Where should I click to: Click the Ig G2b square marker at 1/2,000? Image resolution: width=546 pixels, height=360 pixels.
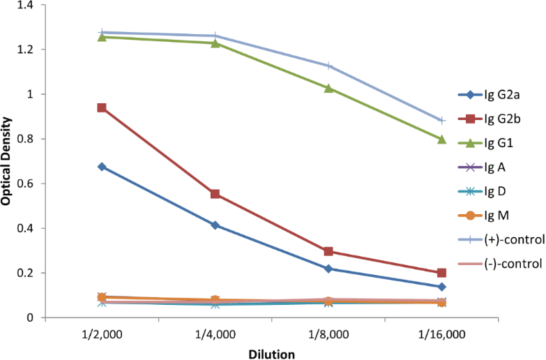[x=102, y=108]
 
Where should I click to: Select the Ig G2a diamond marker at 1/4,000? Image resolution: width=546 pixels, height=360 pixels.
[x=215, y=225]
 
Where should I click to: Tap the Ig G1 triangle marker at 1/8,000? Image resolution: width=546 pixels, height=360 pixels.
[x=328, y=89]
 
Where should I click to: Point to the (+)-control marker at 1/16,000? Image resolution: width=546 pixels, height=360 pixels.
[x=441, y=121]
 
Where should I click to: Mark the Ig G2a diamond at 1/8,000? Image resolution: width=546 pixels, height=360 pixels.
[x=328, y=269]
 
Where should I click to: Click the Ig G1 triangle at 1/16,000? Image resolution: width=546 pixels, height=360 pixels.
[x=441, y=140]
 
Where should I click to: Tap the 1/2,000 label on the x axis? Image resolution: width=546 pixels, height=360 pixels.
[x=102, y=334]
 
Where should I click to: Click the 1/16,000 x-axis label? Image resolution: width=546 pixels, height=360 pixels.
[x=441, y=334]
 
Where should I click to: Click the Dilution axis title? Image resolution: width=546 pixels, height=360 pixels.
[x=271, y=353]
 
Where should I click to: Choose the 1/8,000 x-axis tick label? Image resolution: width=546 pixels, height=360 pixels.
[x=328, y=334]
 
